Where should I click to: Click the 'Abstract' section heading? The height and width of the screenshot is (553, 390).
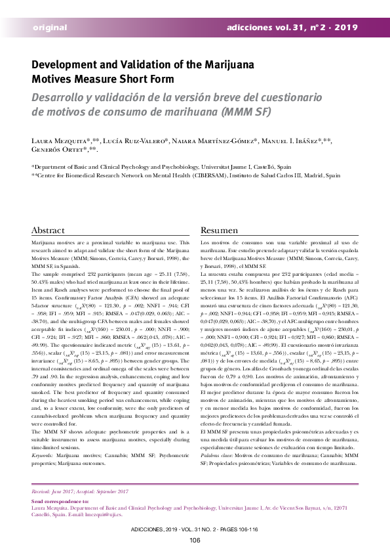coord(48,231)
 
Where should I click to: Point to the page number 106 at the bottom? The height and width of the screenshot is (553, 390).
coord(195,540)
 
